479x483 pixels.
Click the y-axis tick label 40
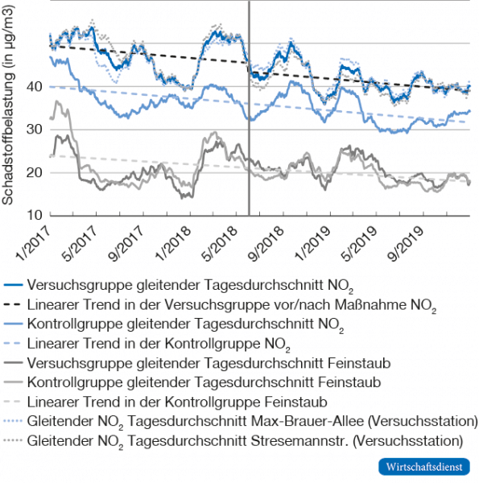34,86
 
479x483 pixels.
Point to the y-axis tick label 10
34,216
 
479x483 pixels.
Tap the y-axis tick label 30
34,130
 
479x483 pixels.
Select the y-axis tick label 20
34,172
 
